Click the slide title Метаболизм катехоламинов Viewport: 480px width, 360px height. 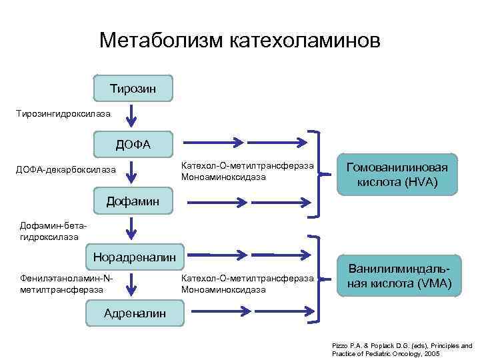pos(240,40)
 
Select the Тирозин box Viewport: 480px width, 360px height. pos(133,88)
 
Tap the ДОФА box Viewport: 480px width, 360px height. pos(133,144)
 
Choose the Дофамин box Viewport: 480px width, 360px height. pos(133,200)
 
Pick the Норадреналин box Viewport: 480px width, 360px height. pos(134,256)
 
